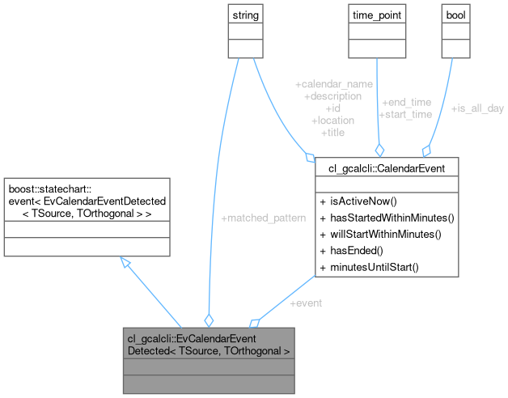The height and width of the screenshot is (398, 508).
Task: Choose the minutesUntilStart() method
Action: (368, 267)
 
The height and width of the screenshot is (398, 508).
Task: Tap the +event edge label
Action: (305, 303)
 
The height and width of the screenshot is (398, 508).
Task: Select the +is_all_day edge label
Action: (477, 108)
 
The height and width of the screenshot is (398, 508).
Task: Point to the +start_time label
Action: (405, 114)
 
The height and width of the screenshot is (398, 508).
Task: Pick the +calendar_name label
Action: (333, 84)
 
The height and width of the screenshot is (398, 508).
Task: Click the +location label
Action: (333, 121)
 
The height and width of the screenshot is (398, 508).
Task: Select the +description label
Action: (333, 96)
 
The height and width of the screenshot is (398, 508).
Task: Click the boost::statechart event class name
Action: (86, 200)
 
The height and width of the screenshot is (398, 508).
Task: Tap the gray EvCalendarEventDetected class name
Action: (208, 345)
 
